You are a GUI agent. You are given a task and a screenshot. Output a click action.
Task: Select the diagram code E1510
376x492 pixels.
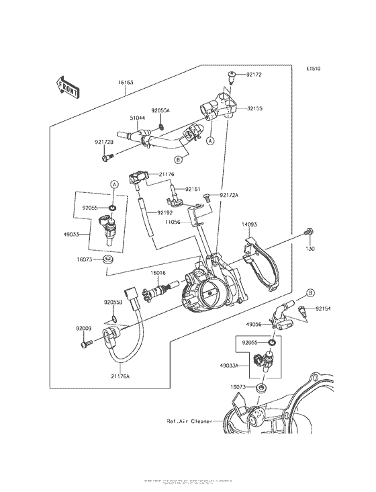point(314,69)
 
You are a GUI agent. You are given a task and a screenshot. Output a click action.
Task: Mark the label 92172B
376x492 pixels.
point(103,142)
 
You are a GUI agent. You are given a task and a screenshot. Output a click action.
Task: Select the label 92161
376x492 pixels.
point(193,190)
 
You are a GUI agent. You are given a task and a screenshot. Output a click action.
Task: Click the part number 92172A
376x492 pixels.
point(228,196)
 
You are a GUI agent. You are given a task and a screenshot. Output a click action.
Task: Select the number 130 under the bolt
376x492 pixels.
point(310,249)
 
